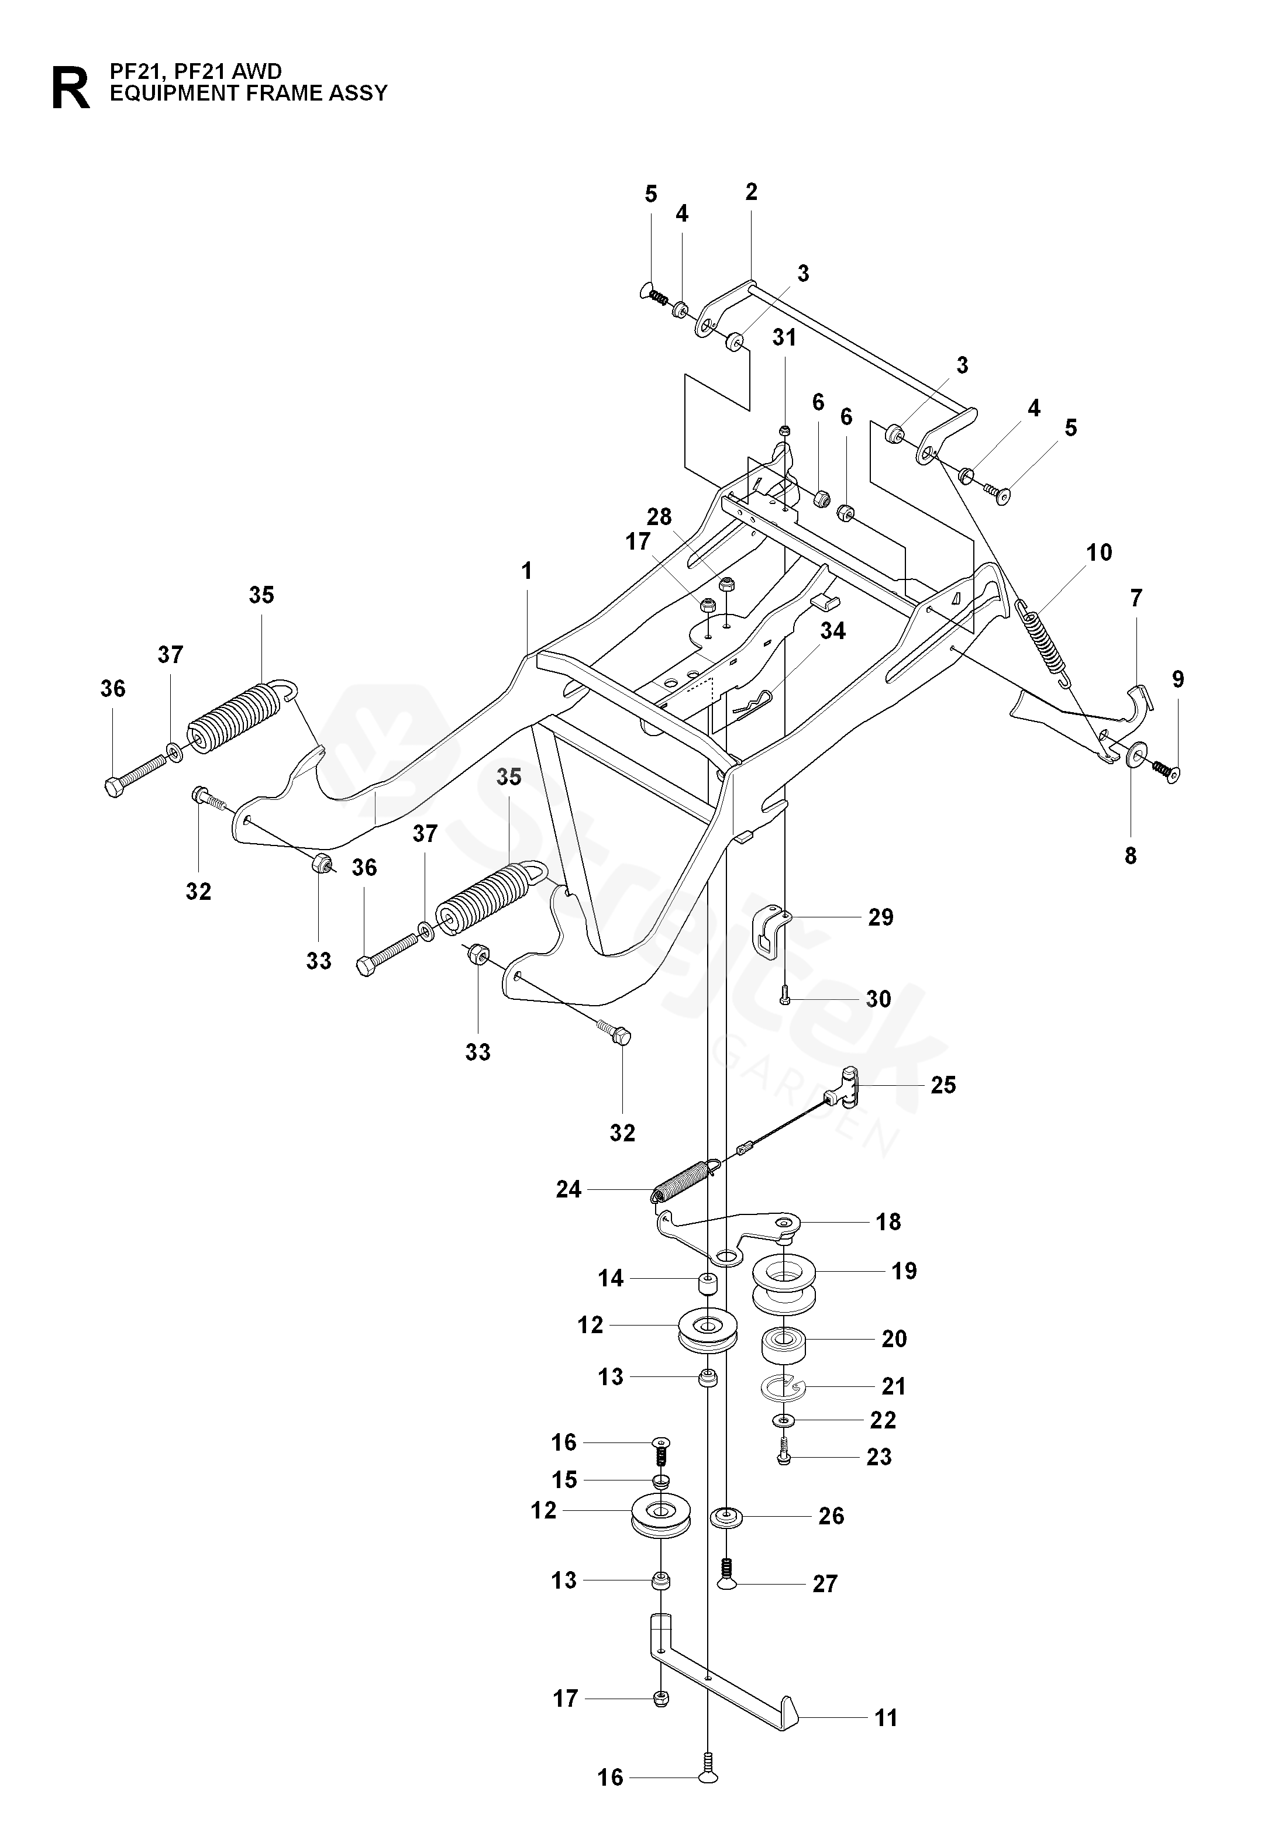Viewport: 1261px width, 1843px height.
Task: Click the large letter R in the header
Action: point(71,88)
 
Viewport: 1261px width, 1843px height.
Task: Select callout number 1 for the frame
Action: point(526,571)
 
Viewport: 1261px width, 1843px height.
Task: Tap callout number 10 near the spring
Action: point(1099,552)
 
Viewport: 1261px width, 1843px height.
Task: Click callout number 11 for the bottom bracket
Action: point(886,1718)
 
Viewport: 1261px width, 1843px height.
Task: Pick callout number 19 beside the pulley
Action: point(904,1271)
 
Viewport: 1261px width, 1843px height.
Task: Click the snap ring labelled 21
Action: point(782,1386)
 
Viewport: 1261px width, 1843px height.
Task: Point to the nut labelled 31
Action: point(784,430)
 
